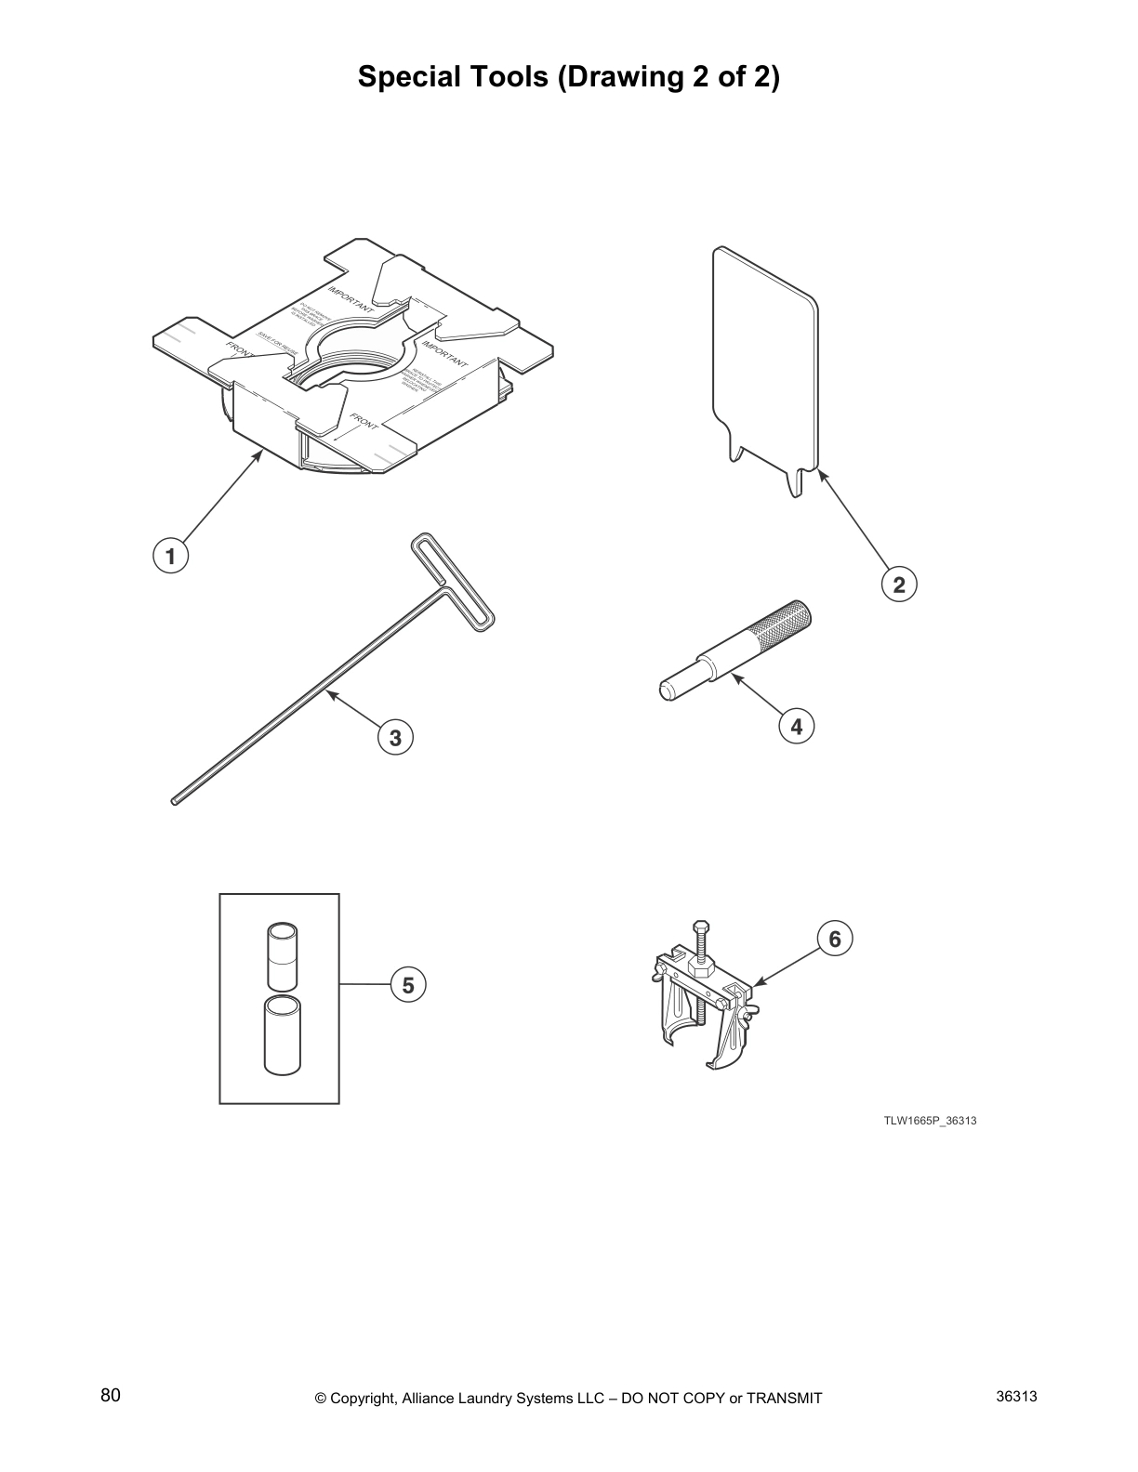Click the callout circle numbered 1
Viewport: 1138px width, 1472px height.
(170, 557)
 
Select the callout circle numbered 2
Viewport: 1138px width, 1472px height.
(898, 585)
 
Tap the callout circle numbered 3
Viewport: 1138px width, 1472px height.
(395, 738)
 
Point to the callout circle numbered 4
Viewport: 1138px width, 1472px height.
(796, 726)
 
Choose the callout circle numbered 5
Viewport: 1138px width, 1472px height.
(408, 984)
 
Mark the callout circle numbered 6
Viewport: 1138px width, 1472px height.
(834, 940)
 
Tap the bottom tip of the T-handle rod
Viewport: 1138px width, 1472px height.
(175, 800)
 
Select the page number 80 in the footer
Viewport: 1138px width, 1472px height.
(111, 1395)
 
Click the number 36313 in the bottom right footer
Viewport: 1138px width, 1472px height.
(1016, 1396)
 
